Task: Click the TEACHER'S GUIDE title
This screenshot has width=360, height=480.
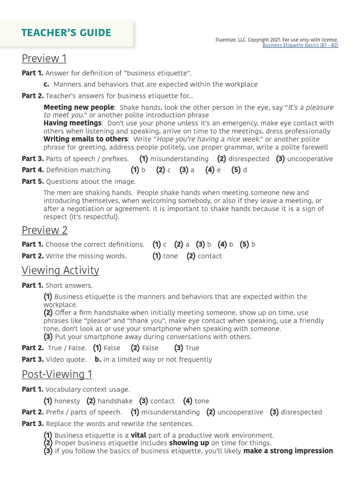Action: (66, 33)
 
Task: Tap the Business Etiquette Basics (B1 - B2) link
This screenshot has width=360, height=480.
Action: (300, 45)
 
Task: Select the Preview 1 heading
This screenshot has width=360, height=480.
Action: (44, 59)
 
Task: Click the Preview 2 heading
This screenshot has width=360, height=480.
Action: (45, 230)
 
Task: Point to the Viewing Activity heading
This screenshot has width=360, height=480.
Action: (60, 270)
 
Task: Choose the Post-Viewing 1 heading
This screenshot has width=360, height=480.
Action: (57, 374)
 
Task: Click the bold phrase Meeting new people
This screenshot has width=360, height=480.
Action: (79, 107)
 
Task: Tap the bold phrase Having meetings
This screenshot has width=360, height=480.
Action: (73, 123)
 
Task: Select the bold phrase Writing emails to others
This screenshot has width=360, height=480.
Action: (85, 139)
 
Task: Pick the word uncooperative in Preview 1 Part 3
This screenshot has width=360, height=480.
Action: (310, 159)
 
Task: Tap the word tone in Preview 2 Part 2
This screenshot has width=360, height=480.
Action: (171, 256)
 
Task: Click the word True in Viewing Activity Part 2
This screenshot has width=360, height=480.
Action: (192, 348)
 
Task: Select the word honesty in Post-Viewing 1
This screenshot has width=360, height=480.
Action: (67, 401)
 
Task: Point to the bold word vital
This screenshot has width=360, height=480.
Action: (138, 435)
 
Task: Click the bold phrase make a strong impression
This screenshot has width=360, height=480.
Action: (288, 451)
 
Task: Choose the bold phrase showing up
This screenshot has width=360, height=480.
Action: (189, 443)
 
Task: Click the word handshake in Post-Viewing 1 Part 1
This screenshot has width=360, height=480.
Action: (115, 401)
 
